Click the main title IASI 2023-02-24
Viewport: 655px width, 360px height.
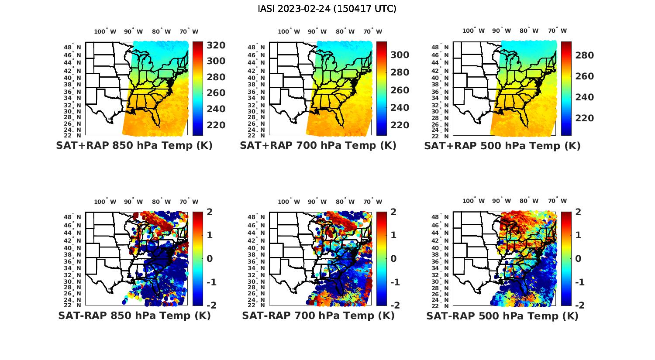tap(327, 9)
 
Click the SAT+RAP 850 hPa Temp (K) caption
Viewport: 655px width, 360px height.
tap(134, 146)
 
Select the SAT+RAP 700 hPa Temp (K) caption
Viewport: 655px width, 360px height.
tap(318, 146)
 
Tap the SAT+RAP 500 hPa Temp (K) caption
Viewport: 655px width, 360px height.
tap(502, 146)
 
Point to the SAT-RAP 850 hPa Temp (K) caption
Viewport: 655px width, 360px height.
tap(134, 316)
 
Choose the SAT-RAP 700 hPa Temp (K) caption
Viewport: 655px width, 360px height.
tap(318, 316)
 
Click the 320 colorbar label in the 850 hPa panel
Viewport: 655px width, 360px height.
tap(216, 45)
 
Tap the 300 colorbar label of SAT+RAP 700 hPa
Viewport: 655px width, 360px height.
tap(400, 55)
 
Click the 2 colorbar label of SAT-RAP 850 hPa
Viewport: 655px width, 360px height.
tap(209, 212)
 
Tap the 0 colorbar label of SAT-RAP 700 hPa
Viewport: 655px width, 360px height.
tap(393, 259)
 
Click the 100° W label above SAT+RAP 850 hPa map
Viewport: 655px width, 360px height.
tap(105, 31)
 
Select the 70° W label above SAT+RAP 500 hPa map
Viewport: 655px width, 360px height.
tap(558, 31)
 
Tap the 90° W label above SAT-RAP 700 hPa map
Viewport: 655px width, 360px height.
tap(317, 202)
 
